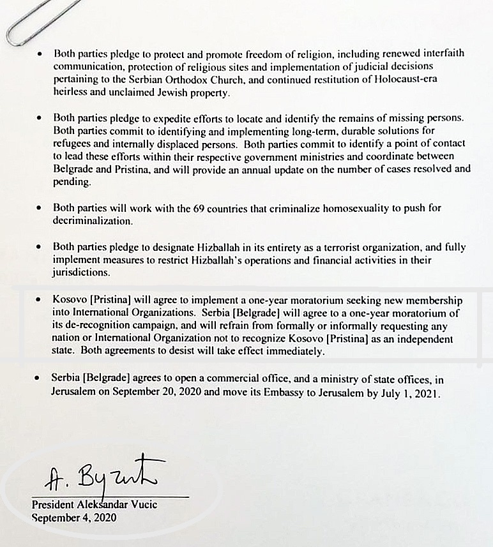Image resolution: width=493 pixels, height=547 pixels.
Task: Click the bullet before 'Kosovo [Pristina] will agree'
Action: click(40, 299)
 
